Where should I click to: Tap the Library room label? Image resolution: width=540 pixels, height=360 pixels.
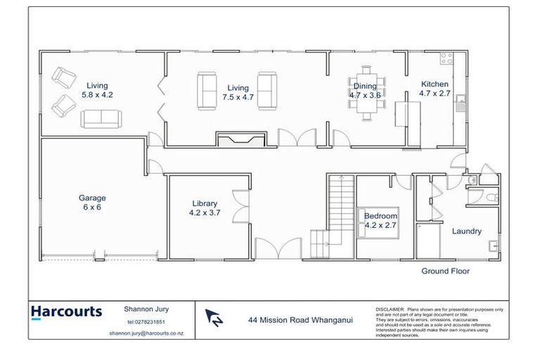click(x=205, y=203)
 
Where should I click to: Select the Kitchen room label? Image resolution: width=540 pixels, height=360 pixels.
click(x=434, y=84)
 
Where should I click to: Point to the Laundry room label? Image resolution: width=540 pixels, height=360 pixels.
click(x=466, y=231)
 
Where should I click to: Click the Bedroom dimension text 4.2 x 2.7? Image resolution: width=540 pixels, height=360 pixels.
click(x=380, y=226)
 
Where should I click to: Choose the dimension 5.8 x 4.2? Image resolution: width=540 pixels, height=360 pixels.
click(x=97, y=94)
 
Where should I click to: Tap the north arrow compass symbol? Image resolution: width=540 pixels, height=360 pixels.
click(x=213, y=319)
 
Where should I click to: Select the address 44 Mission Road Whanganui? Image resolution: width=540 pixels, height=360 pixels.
click(x=300, y=319)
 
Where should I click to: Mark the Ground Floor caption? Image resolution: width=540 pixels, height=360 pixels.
click(x=445, y=271)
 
